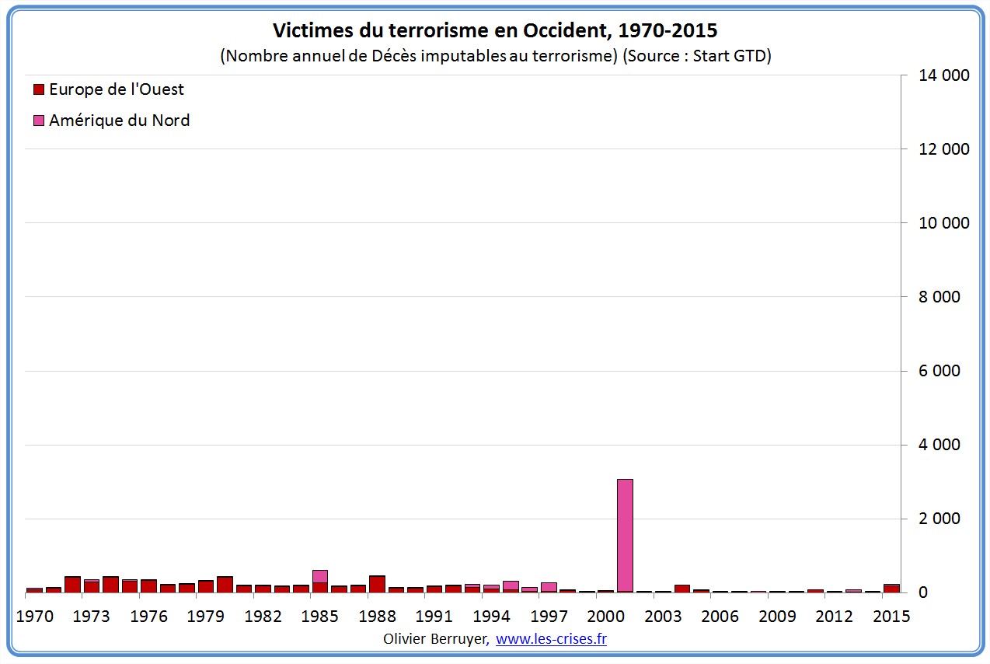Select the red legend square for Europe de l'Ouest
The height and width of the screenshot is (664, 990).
(x=39, y=89)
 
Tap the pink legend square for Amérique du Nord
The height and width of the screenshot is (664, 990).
(x=39, y=121)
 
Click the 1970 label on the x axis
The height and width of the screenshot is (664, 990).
(x=34, y=617)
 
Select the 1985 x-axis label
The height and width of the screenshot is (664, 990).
(x=320, y=617)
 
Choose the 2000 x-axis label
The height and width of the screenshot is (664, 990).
(x=605, y=617)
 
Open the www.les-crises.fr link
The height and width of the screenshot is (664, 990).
(x=551, y=639)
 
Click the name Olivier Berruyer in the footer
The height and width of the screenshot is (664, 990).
(x=435, y=639)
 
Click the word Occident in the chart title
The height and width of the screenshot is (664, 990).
(x=542, y=31)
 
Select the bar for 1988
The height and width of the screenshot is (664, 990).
(x=378, y=584)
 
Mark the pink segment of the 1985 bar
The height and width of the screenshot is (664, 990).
(x=320, y=576)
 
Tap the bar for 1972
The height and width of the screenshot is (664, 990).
(x=72, y=584)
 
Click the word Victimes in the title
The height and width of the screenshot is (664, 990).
(x=308, y=31)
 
